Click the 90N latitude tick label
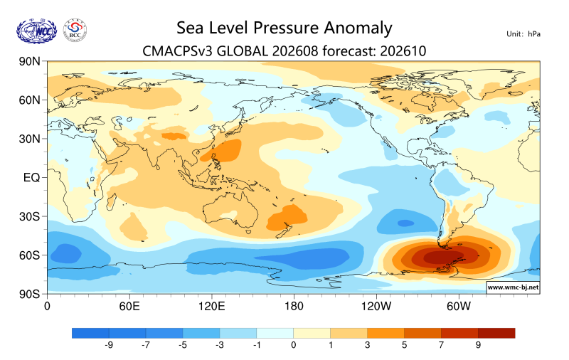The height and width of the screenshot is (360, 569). pyautogui.click(x=29, y=61)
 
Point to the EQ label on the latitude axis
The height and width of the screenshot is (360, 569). pyautogui.click(x=31, y=177)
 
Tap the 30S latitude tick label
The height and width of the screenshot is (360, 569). pyautogui.click(x=29, y=217)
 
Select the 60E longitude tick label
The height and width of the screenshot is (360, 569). pyautogui.click(x=129, y=307)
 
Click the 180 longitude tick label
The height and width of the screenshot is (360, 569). pyautogui.click(x=294, y=307)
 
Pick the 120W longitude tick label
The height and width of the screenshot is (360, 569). pyautogui.click(x=376, y=307)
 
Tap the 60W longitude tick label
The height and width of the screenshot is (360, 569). pyautogui.click(x=458, y=307)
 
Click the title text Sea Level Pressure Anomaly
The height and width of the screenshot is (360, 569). pyautogui.click(x=284, y=28)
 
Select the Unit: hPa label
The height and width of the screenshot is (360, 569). pyautogui.click(x=523, y=34)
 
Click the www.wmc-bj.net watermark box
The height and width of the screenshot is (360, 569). pyautogui.click(x=513, y=287)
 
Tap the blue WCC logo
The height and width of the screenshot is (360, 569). pyautogui.click(x=37, y=31)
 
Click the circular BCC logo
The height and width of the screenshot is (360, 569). pyautogui.click(x=75, y=31)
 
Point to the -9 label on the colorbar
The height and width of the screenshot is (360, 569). pyautogui.click(x=109, y=345)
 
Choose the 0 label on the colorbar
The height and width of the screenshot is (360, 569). pyautogui.click(x=293, y=345)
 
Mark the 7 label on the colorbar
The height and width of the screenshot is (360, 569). pyautogui.click(x=441, y=345)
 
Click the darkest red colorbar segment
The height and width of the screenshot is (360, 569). pyautogui.click(x=496, y=333)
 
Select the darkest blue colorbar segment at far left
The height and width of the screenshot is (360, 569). pyautogui.click(x=90, y=333)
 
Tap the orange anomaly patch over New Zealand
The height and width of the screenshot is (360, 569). pyautogui.click(x=287, y=218)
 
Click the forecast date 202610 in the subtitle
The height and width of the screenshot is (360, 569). pyautogui.click(x=403, y=51)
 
